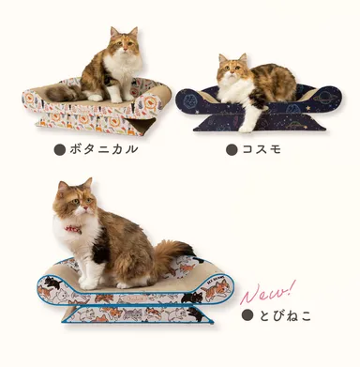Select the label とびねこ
point(286,315)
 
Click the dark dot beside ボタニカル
point(60,149)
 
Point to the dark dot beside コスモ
point(231,149)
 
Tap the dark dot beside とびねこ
point(247,315)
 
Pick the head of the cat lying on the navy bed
point(232,69)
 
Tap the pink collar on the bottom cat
point(73,228)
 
